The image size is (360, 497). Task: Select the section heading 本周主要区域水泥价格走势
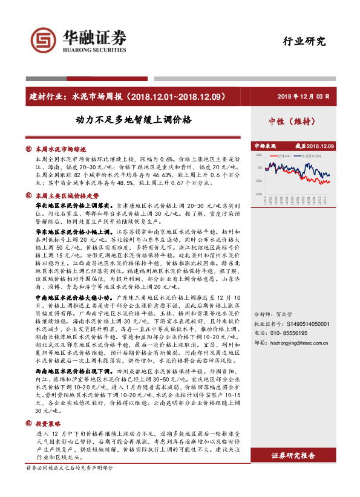(67, 196)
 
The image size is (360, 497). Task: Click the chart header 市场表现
(264, 146)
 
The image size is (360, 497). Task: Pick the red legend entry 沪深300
(283, 155)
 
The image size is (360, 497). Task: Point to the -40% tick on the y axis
(258, 194)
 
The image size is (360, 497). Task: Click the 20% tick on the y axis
(259, 154)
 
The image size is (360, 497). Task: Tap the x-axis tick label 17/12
(266, 200)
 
